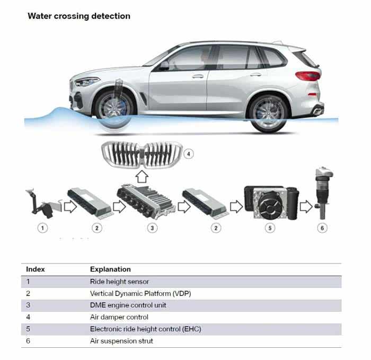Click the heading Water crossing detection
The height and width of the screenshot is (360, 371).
(x=79, y=16)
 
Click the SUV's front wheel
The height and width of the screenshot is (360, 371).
(x=114, y=111)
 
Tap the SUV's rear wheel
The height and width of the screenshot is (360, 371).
(x=269, y=114)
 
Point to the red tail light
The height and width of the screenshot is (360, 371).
(x=308, y=76)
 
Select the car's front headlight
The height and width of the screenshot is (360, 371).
(x=86, y=82)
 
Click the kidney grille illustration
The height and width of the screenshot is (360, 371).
(x=142, y=155)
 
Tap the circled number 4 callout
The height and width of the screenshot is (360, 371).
(x=189, y=154)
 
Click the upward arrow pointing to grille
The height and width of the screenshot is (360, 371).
(x=142, y=177)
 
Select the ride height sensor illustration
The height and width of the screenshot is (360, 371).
(x=44, y=203)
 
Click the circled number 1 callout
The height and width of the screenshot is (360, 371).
(x=42, y=228)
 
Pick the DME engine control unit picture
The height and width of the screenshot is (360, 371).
(x=146, y=201)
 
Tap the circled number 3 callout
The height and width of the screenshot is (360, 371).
(x=152, y=228)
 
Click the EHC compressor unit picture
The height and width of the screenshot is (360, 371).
(x=271, y=203)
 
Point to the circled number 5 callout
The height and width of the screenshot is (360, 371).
(x=270, y=228)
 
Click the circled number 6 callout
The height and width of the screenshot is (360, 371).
(x=322, y=228)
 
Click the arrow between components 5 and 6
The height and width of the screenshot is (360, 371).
(x=306, y=207)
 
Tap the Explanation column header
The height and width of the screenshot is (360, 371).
(x=110, y=269)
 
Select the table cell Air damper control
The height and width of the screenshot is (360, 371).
(x=119, y=317)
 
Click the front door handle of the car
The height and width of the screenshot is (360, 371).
(x=198, y=76)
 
